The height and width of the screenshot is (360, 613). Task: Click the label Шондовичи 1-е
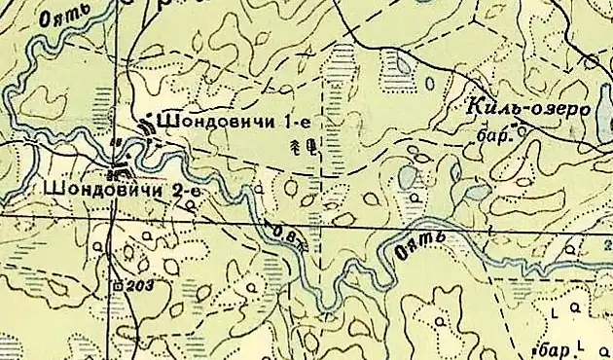pos(233,124)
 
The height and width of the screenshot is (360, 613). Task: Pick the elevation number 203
pos(140,286)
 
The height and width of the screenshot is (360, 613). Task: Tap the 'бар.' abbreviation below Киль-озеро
pos(495,137)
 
